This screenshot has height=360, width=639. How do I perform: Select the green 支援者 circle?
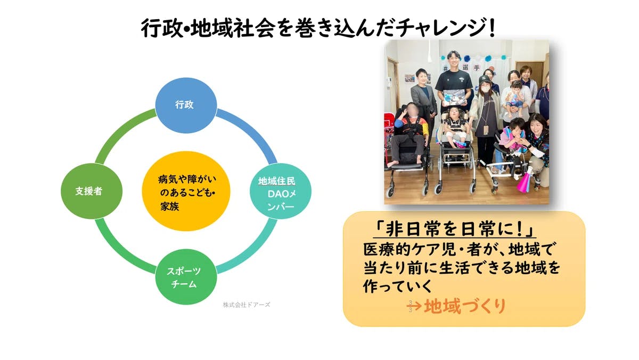pyautogui.click(x=88, y=191)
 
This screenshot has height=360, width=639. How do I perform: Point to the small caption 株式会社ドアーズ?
pyautogui.click(x=247, y=305)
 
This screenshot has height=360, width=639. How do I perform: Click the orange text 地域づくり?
pyautogui.click(x=464, y=306)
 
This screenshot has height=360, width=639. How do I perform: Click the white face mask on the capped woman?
pyautogui.click(x=486, y=87)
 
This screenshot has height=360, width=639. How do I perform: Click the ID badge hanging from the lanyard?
pyautogui.click(x=486, y=129)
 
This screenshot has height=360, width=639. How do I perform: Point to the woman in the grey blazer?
pyautogui.click(x=423, y=96)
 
